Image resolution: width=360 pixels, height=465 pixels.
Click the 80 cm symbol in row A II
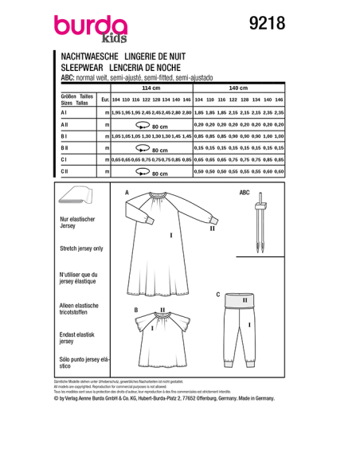(x=152, y=126)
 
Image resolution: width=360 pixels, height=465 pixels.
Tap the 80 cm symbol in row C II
(x=152, y=171)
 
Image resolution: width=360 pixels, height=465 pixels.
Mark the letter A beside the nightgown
(x=126, y=193)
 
